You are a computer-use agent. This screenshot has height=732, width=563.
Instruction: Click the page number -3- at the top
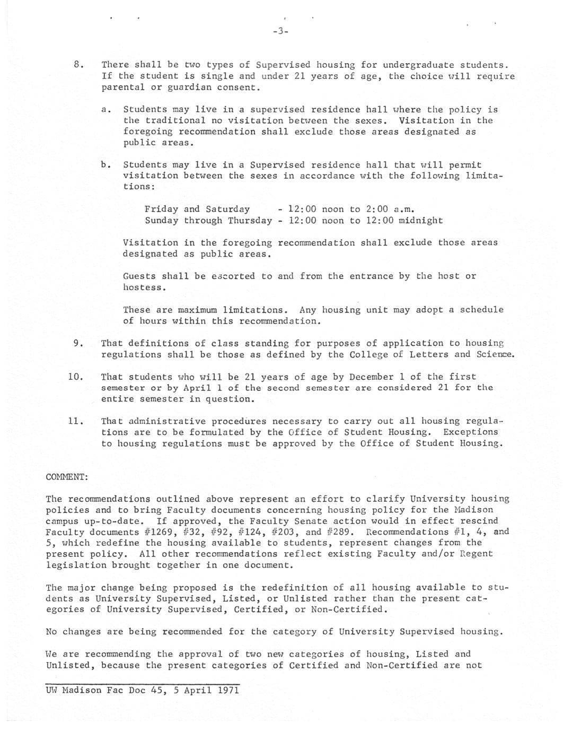pyautogui.click(x=280, y=31)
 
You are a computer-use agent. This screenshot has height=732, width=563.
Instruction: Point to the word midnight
pyautogui.click(x=420, y=220)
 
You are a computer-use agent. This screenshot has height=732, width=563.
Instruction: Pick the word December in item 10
pyautogui.click(x=374, y=377)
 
